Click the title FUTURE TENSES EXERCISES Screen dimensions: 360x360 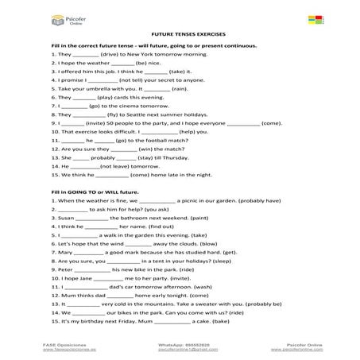(x=180, y=37)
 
